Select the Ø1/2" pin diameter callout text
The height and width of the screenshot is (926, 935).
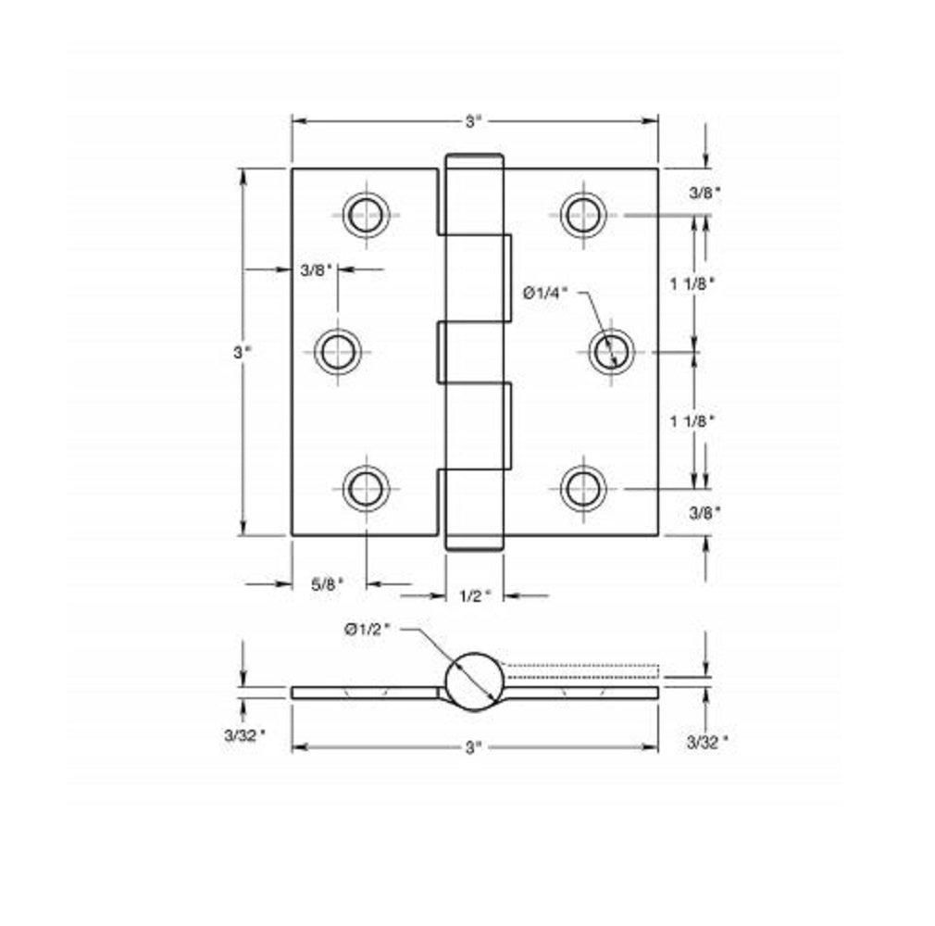[368, 629]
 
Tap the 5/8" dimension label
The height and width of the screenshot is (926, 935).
[327, 584]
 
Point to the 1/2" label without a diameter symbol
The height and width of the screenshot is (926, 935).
[475, 596]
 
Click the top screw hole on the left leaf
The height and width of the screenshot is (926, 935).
[366, 215]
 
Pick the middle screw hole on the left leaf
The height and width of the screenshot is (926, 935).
[338, 352]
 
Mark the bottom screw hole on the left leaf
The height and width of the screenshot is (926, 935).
[366, 488]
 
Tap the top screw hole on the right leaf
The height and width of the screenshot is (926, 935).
[583, 215]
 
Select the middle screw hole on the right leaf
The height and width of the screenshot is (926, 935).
[611, 352]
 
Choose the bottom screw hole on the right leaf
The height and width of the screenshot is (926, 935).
[583, 488]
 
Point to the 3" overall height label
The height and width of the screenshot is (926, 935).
[242, 352]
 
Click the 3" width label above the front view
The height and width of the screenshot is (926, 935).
[474, 121]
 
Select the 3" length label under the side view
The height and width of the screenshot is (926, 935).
[474, 747]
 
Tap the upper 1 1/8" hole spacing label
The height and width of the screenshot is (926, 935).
[693, 284]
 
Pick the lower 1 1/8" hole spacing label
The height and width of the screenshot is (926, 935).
[693, 421]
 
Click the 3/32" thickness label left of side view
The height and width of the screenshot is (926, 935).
[244, 736]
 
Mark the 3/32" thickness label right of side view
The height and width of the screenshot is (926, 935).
[707, 740]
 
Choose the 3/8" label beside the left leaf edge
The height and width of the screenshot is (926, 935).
[316, 270]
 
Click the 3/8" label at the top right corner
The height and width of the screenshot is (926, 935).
[704, 193]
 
